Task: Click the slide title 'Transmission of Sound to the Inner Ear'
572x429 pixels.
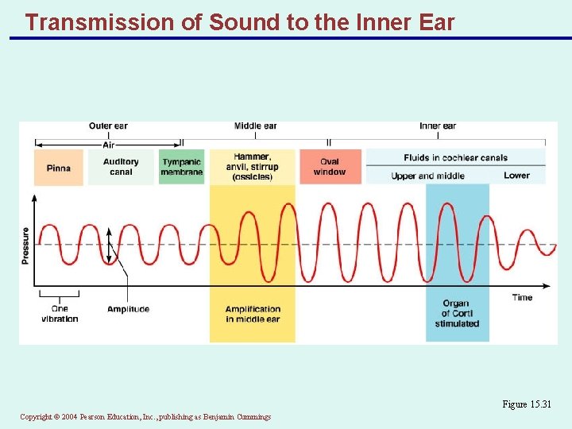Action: point(239,21)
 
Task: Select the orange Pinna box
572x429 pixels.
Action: point(58,168)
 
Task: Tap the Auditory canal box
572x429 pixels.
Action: point(121,167)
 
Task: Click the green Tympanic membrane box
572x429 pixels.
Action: point(181,167)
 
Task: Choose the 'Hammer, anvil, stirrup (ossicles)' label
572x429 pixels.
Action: point(253,167)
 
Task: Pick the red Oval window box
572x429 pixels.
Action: point(330,167)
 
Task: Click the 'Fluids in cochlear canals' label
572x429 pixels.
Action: point(455,157)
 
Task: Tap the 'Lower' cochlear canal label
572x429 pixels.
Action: point(516,176)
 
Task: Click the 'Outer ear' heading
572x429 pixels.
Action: point(108,126)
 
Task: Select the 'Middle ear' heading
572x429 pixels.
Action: point(255,126)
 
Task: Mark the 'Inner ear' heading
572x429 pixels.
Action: point(438,126)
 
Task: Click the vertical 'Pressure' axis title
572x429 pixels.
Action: point(25,245)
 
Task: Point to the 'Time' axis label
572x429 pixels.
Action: point(522,297)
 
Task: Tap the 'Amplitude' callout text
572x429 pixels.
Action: point(128,309)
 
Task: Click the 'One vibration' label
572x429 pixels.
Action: point(60,314)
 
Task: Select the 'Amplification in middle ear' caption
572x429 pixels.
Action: point(253,314)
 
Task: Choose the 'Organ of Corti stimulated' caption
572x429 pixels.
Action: point(457,313)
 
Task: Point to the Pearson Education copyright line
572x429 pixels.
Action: point(145,417)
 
